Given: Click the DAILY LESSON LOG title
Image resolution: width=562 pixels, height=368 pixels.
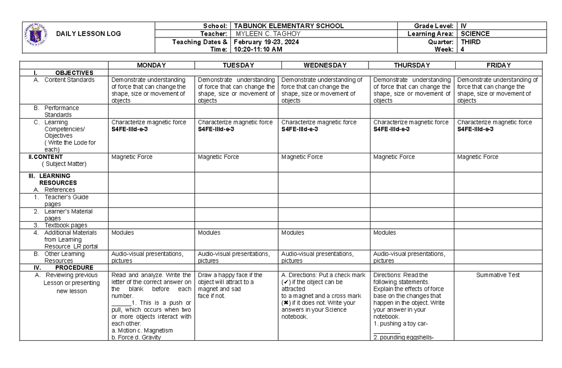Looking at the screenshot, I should [88, 34].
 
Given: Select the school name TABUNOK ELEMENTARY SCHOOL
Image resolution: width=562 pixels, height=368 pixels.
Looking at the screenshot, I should [289, 26].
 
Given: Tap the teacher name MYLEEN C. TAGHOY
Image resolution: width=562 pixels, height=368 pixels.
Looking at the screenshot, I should [268, 34].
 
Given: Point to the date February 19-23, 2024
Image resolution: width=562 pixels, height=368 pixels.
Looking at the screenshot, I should [266, 42].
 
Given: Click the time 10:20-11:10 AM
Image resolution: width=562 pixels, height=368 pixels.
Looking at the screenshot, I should [258, 49].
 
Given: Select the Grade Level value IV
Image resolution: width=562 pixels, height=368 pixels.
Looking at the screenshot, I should [464, 26].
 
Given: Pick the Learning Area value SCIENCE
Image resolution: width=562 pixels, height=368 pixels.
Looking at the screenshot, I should [475, 34].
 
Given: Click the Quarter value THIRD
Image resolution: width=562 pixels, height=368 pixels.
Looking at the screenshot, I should [471, 42].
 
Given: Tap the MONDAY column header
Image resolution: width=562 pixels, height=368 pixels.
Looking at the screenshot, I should [151, 65].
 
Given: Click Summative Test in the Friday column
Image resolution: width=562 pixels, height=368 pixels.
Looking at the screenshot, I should [498, 275].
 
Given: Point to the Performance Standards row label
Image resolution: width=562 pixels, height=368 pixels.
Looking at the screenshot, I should [61, 111].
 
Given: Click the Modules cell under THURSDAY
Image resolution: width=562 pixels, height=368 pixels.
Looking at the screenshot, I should [384, 233].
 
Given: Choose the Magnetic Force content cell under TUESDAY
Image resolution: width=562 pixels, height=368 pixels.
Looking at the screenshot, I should [218, 157].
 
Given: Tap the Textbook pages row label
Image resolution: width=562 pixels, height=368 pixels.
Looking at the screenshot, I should [66, 225].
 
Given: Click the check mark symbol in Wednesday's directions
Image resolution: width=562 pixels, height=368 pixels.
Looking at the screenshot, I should [285, 282].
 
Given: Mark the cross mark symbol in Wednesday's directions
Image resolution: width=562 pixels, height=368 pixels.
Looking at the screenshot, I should [285, 303].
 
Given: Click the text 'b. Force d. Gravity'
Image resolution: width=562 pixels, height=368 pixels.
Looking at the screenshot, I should [136, 337].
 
